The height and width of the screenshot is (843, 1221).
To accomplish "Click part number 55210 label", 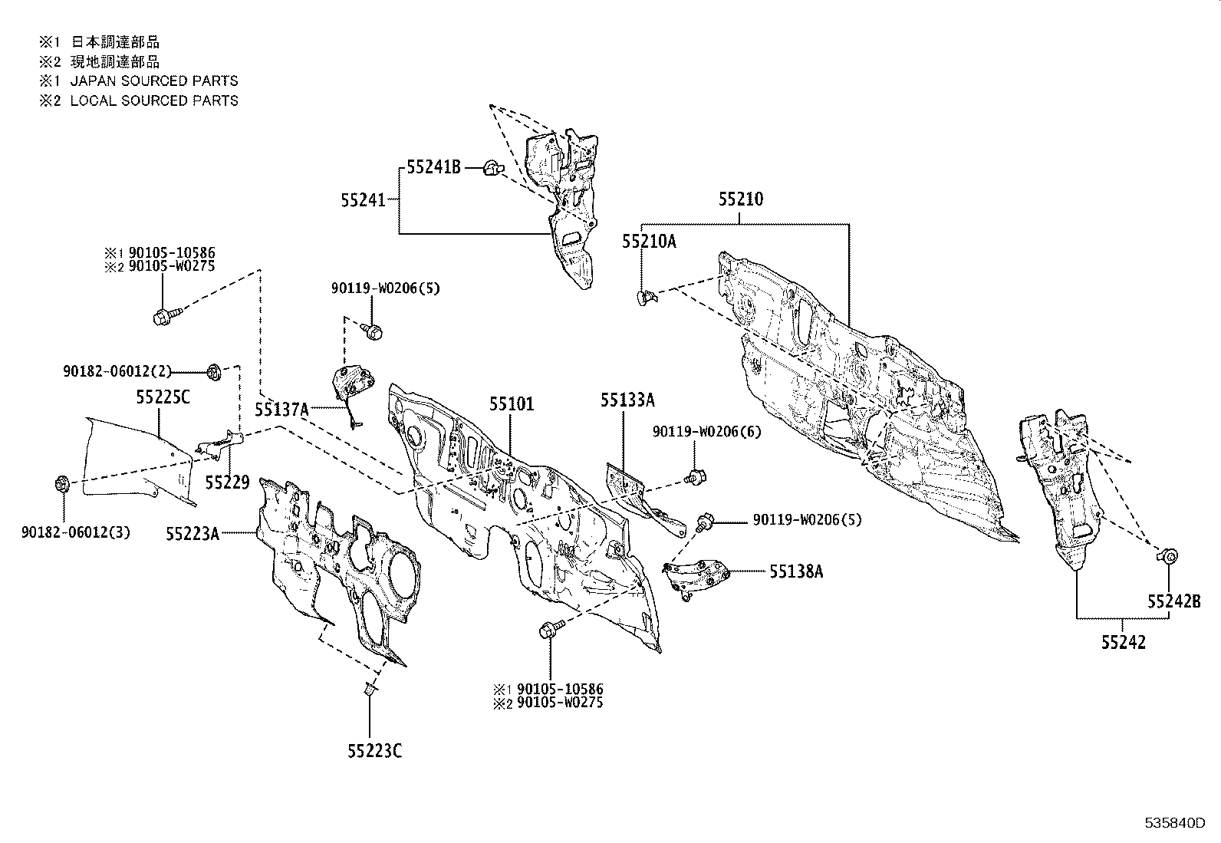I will [x=741, y=199].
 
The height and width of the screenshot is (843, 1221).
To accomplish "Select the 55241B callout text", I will [x=433, y=166].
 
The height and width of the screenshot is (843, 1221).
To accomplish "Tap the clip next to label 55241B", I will [x=492, y=166].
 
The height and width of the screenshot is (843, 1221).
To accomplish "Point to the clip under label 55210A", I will [x=645, y=296].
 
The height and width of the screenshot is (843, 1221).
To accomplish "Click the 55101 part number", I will [x=512, y=404].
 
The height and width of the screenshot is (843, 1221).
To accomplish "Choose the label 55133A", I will [x=627, y=400].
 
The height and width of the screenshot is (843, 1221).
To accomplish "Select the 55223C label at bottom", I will [x=374, y=751].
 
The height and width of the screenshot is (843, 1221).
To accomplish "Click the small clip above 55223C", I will [x=369, y=690].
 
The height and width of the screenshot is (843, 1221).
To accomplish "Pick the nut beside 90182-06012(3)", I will [x=63, y=485].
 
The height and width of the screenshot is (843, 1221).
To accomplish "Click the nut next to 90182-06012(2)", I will [x=214, y=372].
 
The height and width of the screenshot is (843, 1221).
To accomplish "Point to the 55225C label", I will [x=163, y=398].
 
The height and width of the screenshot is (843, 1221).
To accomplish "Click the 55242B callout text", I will [x=1174, y=601].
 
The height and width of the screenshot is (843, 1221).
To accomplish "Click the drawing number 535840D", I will [x=1176, y=823].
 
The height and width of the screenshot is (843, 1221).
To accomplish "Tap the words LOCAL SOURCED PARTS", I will [x=154, y=100].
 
